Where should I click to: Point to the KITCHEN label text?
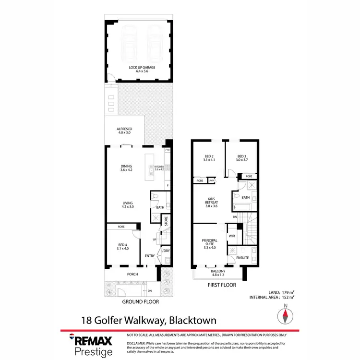(159, 167)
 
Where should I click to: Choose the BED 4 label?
(122, 246)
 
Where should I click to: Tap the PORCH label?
(132, 275)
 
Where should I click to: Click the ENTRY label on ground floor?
(150, 256)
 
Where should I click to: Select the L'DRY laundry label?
(166, 251)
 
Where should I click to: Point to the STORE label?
(166, 221)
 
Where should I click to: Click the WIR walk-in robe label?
(231, 236)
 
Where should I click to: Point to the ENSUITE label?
(242, 258)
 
